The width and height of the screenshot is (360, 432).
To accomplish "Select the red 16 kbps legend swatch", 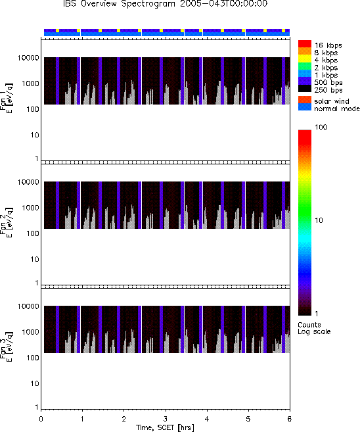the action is (x=305, y=44).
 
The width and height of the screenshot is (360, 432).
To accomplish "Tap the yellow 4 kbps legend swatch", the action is (x=305, y=59).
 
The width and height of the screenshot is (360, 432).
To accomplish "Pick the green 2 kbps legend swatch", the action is (x=305, y=66).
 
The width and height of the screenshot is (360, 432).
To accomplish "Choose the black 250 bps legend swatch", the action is (x=305, y=89).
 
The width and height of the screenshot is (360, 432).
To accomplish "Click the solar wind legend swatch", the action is (x=305, y=100).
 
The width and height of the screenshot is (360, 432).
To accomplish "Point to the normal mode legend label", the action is (x=337, y=108).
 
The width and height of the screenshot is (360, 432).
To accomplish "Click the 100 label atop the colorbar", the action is (x=321, y=127).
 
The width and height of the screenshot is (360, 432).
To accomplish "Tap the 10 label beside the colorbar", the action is (x=319, y=220).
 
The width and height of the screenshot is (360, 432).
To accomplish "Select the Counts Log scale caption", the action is (x=314, y=328).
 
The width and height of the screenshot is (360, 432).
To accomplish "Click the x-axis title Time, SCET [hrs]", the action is (x=165, y=427).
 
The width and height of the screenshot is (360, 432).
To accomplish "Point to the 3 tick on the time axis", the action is (x=165, y=419).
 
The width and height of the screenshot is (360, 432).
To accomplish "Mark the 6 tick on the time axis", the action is (x=289, y=419).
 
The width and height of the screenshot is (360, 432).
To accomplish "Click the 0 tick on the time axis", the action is (x=41, y=419).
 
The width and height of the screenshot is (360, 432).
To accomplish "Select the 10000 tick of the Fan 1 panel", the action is (x=28, y=58).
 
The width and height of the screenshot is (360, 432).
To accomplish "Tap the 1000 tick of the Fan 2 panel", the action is (x=31, y=208).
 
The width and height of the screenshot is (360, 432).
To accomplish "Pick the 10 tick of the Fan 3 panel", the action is (x=35, y=383).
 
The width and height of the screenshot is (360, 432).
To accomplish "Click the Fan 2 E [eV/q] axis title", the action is (x=6, y=222).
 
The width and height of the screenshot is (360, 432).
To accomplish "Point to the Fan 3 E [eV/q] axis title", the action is (x=6, y=347).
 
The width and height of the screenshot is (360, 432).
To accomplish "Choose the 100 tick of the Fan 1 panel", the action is (x=33, y=109).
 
